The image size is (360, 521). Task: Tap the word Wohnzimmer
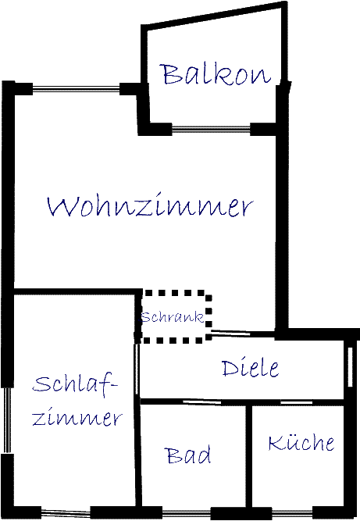tap(150, 205)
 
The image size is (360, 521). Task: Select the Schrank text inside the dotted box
tap(172, 317)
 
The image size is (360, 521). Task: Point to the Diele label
tap(251, 368)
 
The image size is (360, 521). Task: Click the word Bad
tap(187, 455)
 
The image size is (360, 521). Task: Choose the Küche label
tap(301, 442)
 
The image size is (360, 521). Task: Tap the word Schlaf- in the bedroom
tap(75, 385)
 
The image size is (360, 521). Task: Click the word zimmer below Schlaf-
tap(77, 416)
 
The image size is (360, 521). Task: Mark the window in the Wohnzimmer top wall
tap(76, 89)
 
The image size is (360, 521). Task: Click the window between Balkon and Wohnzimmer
tap(211, 130)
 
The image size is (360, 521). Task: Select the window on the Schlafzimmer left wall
tap(7, 420)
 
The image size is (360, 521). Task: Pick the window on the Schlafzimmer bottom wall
tap(66, 513)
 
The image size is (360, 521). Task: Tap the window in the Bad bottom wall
tap(187, 512)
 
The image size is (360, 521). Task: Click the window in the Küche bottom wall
tap(293, 512)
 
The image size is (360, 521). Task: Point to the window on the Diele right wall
tap(350, 367)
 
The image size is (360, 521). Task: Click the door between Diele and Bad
tap(202, 402)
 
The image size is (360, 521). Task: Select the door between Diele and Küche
tap(297, 403)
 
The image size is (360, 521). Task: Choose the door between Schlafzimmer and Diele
tap(137, 369)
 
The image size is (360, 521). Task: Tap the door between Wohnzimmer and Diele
tap(230, 333)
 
